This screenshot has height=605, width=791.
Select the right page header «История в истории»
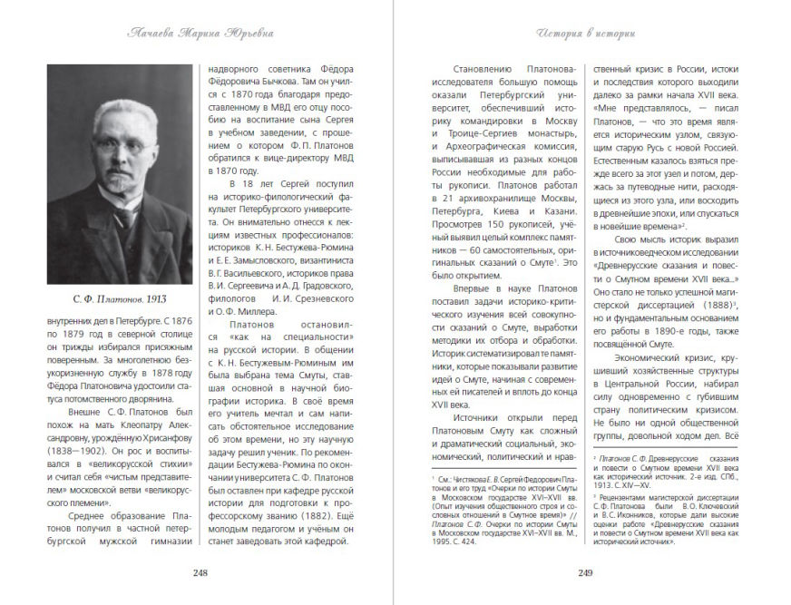pos(587,34)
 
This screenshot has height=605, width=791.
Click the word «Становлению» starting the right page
pos(487,69)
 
